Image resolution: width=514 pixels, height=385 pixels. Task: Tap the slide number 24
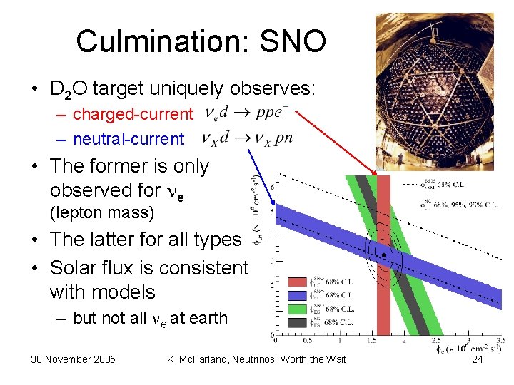tap(478, 359)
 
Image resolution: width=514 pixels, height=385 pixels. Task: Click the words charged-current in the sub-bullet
tap(133, 114)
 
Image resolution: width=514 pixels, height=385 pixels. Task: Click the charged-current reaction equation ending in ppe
tap(246, 113)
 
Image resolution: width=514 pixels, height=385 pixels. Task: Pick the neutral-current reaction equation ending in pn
tap(246, 138)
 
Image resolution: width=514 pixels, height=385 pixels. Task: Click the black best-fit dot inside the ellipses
tap(383, 255)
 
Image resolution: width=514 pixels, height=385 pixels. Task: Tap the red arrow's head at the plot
tap(377, 173)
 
